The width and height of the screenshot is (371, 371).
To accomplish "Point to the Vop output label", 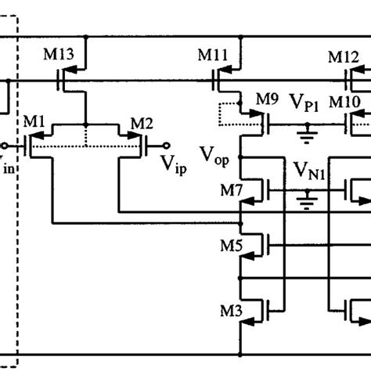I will pyautogui.click(x=214, y=154).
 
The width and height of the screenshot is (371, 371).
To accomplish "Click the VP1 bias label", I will pyautogui.click(x=304, y=102).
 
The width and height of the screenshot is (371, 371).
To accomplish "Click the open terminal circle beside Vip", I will pyautogui.click(x=167, y=145).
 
